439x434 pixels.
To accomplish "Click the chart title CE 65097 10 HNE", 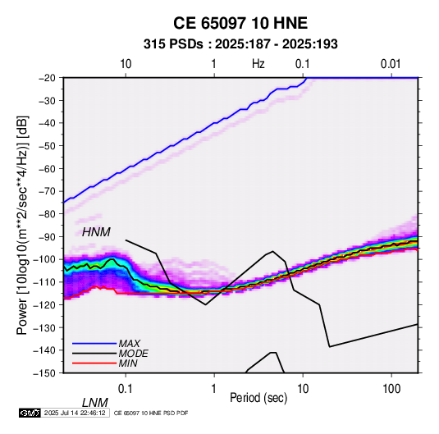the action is pyautogui.click(x=240, y=23).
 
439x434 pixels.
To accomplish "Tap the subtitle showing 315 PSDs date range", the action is pyautogui.click(x=240, y=44).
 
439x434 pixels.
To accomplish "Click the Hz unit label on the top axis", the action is pyautogui.click(x=258, y=64).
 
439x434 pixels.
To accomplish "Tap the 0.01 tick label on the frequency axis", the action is pyautogui.click(x=391, y=64).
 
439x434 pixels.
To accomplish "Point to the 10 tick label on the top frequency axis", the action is pyautogui.click(x=126, y=64).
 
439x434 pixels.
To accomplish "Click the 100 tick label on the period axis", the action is pyautogui.click(x=391, y=389).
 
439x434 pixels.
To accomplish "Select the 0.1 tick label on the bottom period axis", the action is pyautogui.click(x=125, y=389).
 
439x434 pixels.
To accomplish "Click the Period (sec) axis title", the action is pyautogui.click(x=258, y=398).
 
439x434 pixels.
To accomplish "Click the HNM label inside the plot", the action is pyautogui.click(x=96, y=232).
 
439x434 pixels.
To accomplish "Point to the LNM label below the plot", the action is pyautogui.click(x=95, y=403).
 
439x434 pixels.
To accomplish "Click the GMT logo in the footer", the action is pyautogui.click(x=30, y=413).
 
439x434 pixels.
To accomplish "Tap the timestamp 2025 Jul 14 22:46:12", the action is pyautogui.click(x=75, y=413).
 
